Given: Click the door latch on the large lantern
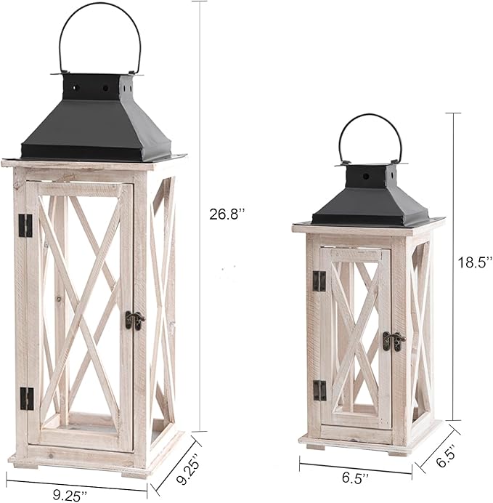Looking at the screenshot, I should pyautogui.click(x=134, y=319).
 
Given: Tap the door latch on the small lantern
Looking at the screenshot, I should pyautogui.click(x=393, y=339).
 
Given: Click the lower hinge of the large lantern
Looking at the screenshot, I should pyautogui.click(x=27, y=398).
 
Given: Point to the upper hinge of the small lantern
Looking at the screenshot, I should pyautogui.click(x=319, y=281).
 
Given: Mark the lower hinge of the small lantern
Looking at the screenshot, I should pyautogui.click(x=319, y=390).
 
